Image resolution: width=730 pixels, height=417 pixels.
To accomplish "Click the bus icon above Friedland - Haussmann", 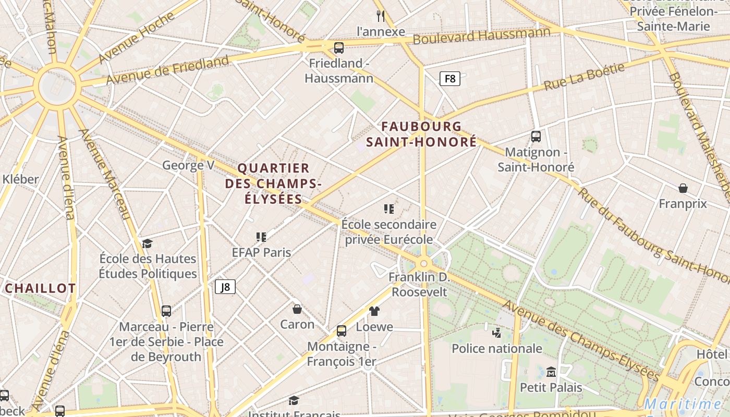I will click(339, 48).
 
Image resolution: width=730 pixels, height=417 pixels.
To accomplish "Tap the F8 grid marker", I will click(449, 79).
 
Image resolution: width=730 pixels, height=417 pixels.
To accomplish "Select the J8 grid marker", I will click(225, 287).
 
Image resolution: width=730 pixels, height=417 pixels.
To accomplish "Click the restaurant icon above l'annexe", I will click(381, 16).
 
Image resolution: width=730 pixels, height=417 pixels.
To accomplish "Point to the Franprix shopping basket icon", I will click(683, 188).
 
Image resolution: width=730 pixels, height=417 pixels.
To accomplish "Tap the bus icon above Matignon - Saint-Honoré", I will click(536, 137).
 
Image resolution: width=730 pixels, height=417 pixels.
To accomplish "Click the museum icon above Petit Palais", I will click(551, 372).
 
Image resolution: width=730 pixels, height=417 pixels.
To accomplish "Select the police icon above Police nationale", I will click(497, 333).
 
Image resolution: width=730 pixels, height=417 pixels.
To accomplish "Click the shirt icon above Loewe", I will click(374, 311).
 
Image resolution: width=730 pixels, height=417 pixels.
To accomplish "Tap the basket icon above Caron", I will click(297, 309).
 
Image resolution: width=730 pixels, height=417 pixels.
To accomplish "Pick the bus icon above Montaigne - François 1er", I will click(342, 331).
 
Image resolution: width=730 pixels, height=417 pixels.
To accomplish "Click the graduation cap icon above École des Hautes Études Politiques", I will click(148, 243).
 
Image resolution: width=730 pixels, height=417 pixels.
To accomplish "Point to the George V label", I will click(188, 166).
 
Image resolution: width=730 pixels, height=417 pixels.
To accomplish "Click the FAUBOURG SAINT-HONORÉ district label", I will click(421, 134).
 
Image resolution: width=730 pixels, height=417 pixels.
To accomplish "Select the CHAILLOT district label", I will click(41, 288).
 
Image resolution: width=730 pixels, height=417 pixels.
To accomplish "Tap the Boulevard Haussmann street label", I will click(481, 36).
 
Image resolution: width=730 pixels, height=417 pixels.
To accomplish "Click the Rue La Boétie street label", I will click(584, 77).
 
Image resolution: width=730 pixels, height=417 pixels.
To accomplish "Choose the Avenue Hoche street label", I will click(137, 38).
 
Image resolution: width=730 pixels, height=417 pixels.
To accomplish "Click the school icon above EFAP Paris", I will click(261, 237).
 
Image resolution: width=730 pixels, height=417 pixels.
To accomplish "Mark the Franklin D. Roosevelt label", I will click(419, 284).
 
